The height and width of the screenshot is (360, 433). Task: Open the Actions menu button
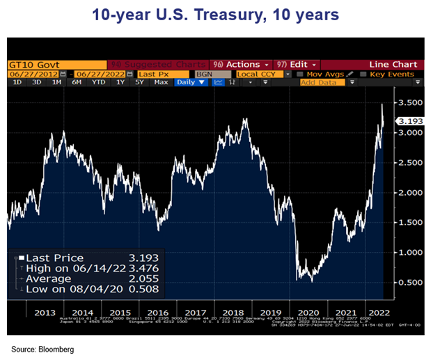point(241,64)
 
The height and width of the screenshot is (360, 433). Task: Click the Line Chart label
point(394,64)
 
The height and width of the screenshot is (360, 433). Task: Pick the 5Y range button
point(139,82)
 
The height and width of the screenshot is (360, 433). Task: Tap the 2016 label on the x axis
point(159,311)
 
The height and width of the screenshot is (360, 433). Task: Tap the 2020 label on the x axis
point(307,311)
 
